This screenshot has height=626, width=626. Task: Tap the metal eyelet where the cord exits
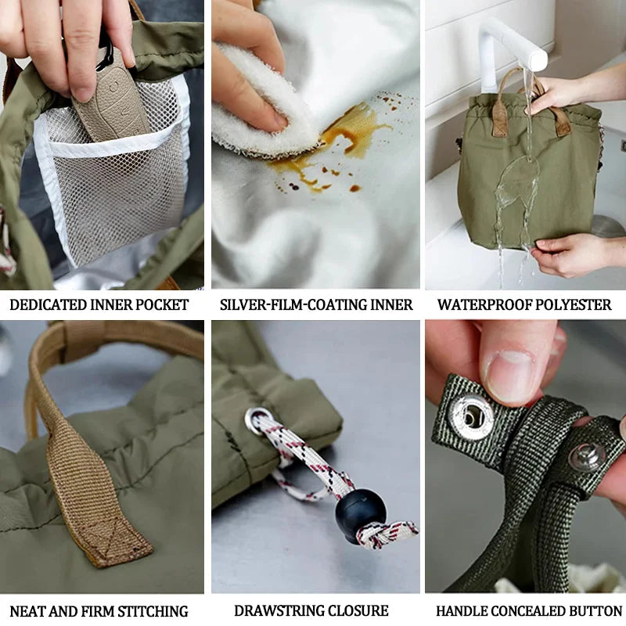pos(256,420)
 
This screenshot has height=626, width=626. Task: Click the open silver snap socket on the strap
pos(471,416)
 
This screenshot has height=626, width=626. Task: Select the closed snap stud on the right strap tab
pos(587,457)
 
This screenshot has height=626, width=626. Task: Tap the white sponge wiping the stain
pos(258,102)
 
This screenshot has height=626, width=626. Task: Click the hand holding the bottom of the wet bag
pos(567,254)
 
